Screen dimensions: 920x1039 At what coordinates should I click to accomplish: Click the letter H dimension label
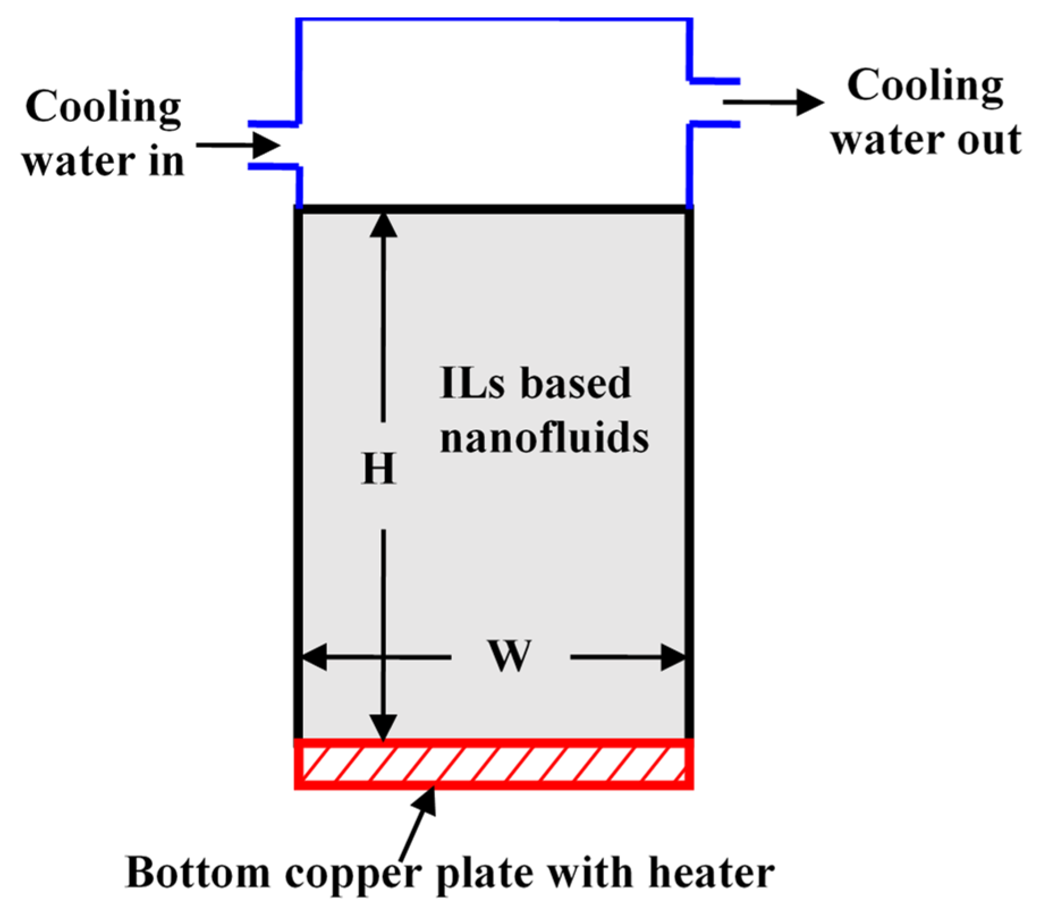click(x=379, y=469)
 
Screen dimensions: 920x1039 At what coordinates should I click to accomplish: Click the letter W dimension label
click(x=510, y=656)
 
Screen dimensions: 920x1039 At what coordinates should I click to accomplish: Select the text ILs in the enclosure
click(x=472, y=384)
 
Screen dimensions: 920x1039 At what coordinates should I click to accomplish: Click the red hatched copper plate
click(x=493, y=764)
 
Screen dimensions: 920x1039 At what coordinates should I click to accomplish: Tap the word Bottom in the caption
click(x=198, y=872)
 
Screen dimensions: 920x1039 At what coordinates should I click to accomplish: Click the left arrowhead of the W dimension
click(x=313, y=657)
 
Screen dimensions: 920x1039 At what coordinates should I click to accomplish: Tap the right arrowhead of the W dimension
click(x=673, y=658)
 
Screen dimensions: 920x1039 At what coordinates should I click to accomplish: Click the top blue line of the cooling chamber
click(x=493, y=20)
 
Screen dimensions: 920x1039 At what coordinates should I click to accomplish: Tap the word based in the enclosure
click(x=576, y=384)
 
